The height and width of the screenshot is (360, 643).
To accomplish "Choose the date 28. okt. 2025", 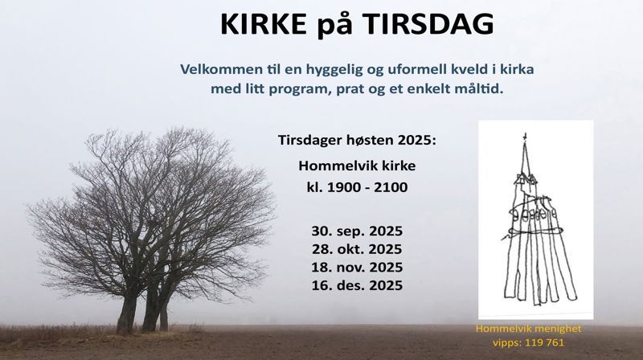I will pos(357,248).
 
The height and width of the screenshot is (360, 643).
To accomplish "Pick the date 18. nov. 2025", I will pos(357,267).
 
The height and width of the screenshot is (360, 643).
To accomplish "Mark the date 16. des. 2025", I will pos(357,285).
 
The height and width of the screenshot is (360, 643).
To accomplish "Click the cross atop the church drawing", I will pos(525,135).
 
